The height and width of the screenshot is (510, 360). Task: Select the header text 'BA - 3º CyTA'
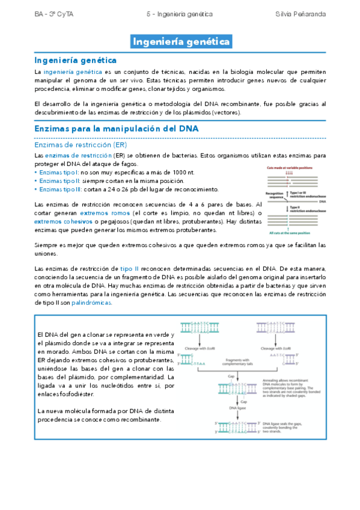pyautogui.click(x=53, y=13)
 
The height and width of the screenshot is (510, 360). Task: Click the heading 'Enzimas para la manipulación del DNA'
pyautogui.click(x=117, y=129)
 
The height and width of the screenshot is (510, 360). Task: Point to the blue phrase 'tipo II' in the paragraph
pyautogui.click(x=129, y=269)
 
